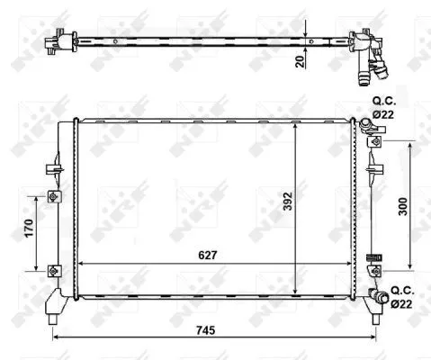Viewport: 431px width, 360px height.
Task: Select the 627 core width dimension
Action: [x=208, y=254]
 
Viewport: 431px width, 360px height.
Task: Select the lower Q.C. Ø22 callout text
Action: [x=402, y=298]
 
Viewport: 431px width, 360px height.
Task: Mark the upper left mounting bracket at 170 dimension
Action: [x=53, y=197]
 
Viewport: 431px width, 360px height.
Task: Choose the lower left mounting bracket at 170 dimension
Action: [x=53, y=269]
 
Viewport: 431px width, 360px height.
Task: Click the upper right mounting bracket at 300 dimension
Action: [x=376, y=140]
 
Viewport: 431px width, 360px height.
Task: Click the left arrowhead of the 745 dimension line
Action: [x=56, y=337]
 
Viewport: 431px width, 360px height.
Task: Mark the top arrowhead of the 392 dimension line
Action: [x=297, y=122]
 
